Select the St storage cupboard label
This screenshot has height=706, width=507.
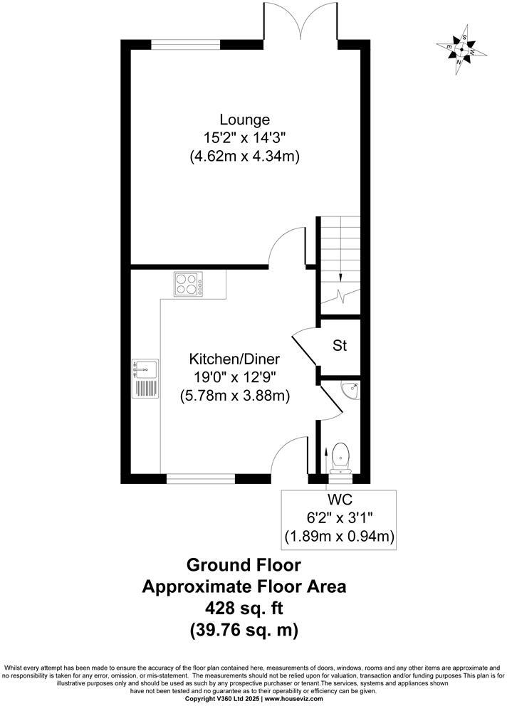click(x=340, y=346)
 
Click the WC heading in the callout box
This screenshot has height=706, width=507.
click(x=338, y=501)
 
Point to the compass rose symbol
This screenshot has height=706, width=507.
click(x=462, y=50)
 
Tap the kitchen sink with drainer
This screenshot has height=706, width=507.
click(x=145, y=379)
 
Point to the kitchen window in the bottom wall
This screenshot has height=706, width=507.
click(x=200, y=479)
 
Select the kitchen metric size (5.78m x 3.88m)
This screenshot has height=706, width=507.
click(x=236, y=396)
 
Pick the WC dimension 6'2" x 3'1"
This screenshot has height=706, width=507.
click(x=338, y=518)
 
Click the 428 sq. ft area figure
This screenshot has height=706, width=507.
click(x=244, y=608)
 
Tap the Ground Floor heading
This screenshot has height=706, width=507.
click(x=244, y=565)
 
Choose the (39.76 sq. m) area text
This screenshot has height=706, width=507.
click(x=244, y=630)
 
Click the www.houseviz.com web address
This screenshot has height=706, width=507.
click(x=293, y=699)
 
